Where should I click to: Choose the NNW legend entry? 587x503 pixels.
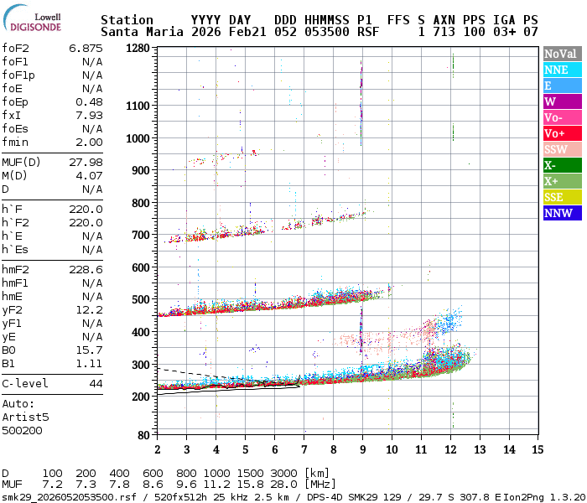point(558,213)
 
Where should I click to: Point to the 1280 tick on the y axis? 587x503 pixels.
point(138,49)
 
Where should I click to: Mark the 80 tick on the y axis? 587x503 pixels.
point(143,434)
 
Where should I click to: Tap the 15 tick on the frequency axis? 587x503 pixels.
point(538,449)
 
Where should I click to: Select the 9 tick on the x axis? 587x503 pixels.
point(362,449)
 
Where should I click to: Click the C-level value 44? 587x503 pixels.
point(96,383)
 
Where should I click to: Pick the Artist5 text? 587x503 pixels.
point(25,417)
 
